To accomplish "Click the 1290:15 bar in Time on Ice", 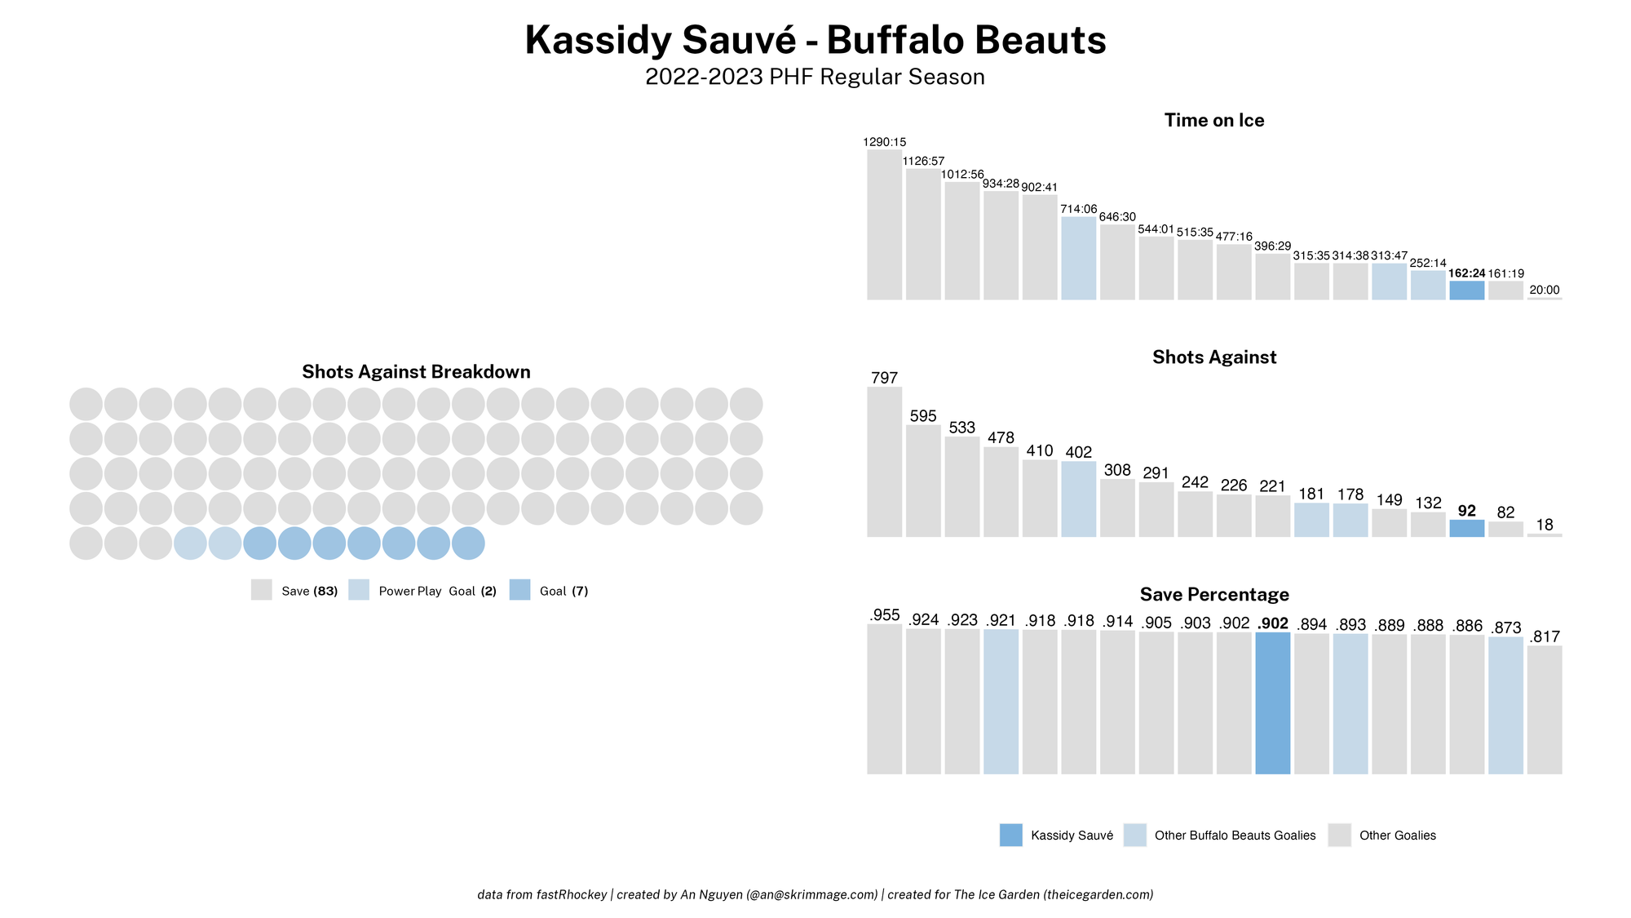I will coord(884,224).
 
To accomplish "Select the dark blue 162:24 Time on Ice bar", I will coord(1466,290).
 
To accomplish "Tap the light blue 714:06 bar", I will coord(1078,258).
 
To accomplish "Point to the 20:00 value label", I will coord(1545,290).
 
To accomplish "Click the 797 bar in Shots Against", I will coord(884,462).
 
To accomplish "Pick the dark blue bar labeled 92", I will coord(1466,528).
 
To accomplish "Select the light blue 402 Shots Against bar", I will coord(1078,499).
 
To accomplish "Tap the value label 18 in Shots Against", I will coord(1545,525).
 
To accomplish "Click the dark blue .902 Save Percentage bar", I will coord(1272,703).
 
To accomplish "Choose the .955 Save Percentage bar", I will coord(884,698).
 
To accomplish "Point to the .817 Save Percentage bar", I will coord(1545,710).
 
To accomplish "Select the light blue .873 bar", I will coord(1505,705).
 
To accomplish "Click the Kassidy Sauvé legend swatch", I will coord(1010,835).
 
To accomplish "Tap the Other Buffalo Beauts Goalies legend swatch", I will coord(1134,835).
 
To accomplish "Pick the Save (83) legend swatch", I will coord(261,590).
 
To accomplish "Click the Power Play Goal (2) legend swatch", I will coord(358,590).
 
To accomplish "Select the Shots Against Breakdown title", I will coord(416,372).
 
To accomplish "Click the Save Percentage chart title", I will coord(1214,594).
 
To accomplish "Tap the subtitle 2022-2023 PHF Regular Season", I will coord(815,77).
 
